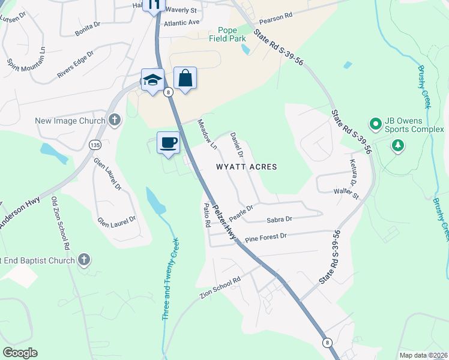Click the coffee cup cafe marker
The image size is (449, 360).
pyautogui.click(x=169, y=143)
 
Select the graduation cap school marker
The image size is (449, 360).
pyautogui.click(x=152, y=80)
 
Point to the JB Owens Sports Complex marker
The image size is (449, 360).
pyautogui.click(x=376, y=125)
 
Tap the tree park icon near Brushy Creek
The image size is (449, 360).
pyautogui.click(x=397, y=145)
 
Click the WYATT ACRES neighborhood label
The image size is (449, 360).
pyautogui.click(x=246, y=167)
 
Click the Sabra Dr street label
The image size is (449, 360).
pyautogui.click(x=279, y=220)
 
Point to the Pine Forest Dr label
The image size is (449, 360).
pyautogui.click(x=266, y=237)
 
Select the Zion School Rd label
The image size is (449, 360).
pyautogui.click(x=220, y=288)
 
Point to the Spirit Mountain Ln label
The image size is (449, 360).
pyautogui.click(x=26, y=56)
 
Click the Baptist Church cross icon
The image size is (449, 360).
pyautogui.click(x=84, y=260)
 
